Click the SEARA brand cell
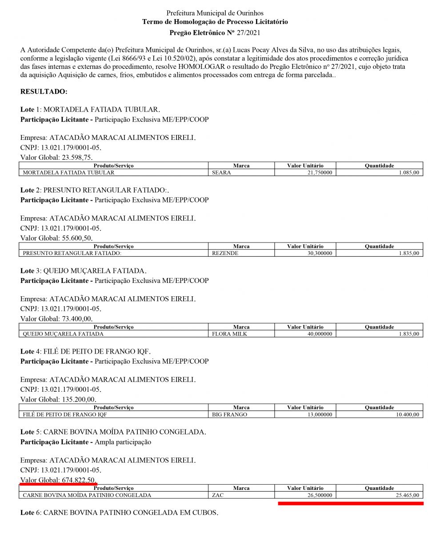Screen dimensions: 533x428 [x=222, y=172]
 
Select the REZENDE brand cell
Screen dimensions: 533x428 [x=225, y=253]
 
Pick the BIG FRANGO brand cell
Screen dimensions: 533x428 [x=230, y=414]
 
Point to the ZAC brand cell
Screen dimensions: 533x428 [x=218, y=495]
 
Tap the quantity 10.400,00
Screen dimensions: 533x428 [x=404, y=414]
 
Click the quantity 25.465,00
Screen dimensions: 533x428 [x=404, y=495]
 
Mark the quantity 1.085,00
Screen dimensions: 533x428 [x=406, y=172]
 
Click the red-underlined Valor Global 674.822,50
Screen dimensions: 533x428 [x=58, y=480]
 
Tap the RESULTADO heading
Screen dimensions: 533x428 [x=44, y=91]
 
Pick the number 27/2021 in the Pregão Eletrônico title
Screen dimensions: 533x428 [x=248, y=32]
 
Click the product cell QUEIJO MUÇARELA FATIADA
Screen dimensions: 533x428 [x=63, y=334]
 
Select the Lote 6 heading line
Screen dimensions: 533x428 [x=119, y=513]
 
